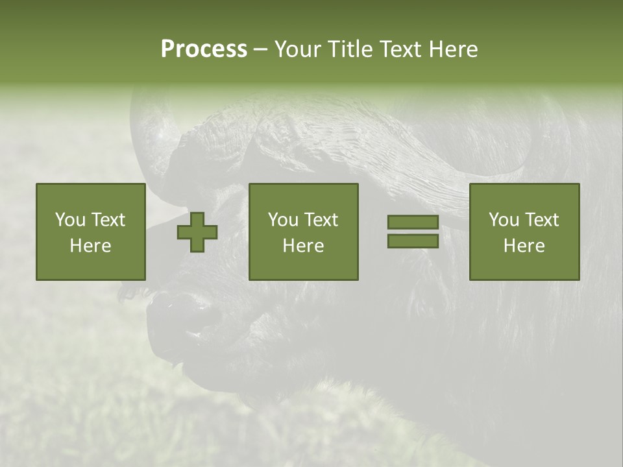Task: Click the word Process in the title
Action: (x=204, y=49)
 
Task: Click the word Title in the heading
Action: (x=348, y=49)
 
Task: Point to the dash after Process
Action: (x=260, y=50)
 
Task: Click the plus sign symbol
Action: (x=197, y=232)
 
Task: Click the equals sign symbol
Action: (x=413, y=232)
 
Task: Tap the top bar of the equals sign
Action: (x=413, y=222)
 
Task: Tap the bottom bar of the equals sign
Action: (x=413, y=241)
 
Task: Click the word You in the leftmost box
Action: (x=70, y=220)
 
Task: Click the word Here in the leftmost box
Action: (x=91, y=246)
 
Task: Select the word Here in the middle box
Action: (x=304, y=246)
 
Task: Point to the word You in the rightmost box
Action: (x=504, y=220)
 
